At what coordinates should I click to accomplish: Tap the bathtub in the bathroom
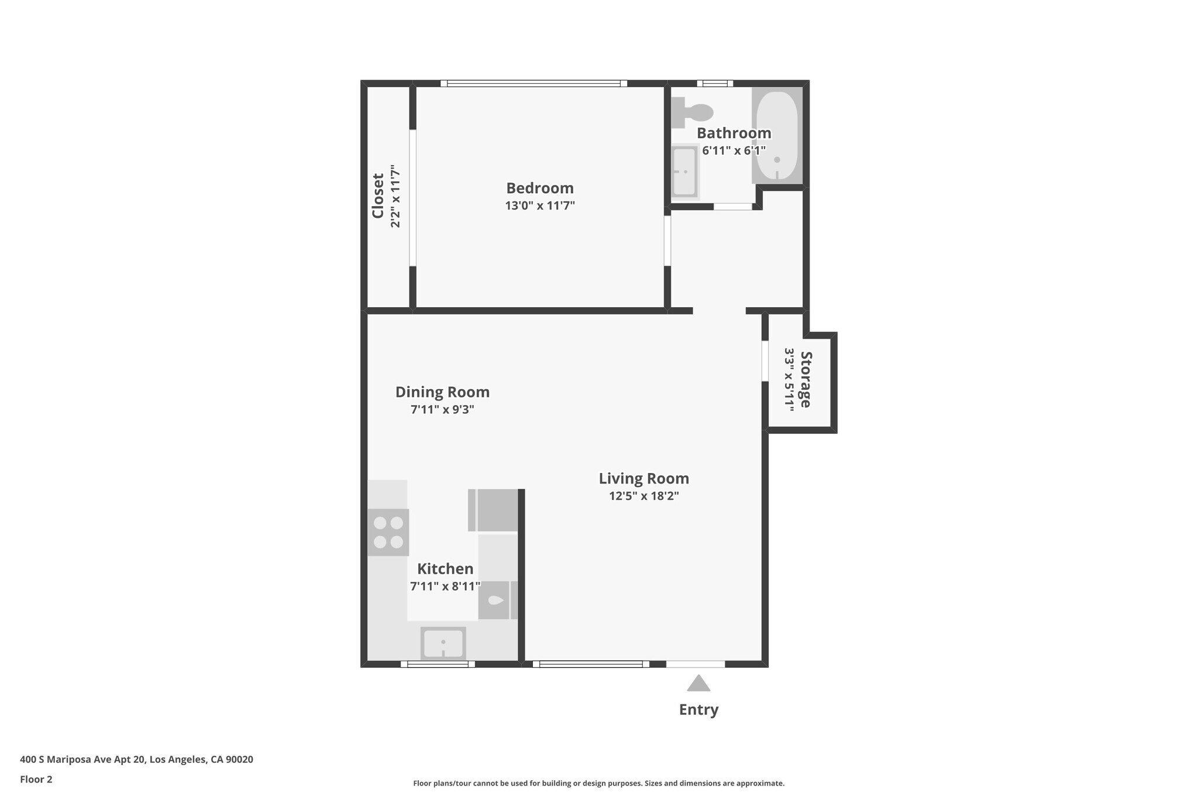click(777, 136)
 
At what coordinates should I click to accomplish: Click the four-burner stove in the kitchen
click(388, 532)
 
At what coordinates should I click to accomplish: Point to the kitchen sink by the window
click(443, 643)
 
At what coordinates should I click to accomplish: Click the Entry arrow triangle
click(698, 684)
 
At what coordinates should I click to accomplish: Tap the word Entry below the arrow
click(698, 709)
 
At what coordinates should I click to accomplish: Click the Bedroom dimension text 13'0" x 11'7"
click(540, 205)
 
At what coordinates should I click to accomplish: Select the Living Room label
click(643, 478)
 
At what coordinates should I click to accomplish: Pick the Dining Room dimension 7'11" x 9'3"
click(442, 409)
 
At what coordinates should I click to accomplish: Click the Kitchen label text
click(445, 568)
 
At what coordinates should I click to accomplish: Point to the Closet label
click(378, 196)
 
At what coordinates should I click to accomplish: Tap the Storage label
click(806, 379)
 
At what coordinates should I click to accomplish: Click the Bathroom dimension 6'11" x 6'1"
click(734, 150)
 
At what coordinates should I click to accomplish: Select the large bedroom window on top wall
click(533, 84)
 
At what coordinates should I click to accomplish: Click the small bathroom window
click(715, 84)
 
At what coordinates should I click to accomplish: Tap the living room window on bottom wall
click(591, 664)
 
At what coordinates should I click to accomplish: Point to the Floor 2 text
click(36, 779)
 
